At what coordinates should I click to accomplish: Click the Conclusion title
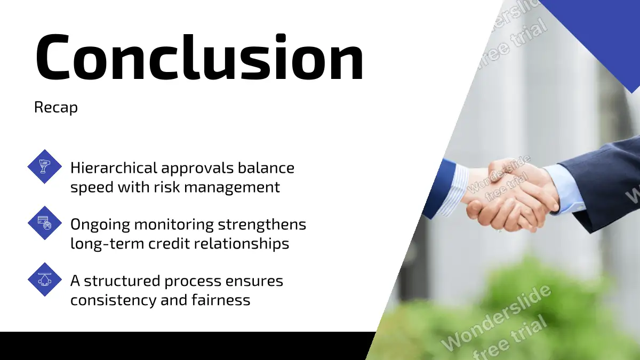(199, 57)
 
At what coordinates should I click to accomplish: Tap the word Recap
(55, 108)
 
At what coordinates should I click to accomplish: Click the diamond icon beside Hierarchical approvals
(45, 166)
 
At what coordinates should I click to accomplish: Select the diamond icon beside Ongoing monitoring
(45, 223)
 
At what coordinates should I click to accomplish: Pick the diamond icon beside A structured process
(45, 279)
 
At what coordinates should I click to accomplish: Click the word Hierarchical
(114, 167)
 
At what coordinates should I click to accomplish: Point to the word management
(232, 188)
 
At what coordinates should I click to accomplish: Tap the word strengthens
(262, 225)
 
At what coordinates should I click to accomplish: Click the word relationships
(242, 244)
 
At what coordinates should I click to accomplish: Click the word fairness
(221, 300)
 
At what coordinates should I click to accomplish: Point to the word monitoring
(174, 225)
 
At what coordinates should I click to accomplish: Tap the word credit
(169, 244)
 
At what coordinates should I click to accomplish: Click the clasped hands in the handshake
(511, 197)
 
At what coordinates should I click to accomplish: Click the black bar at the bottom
(186, 346)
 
